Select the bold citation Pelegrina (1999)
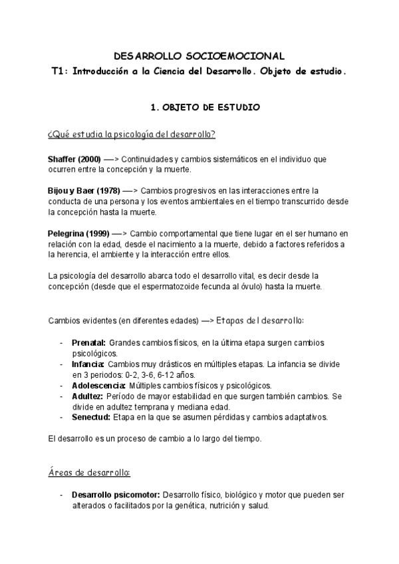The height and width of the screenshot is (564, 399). pyautogui.click(x=76, y=233)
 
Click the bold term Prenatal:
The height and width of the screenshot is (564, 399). pyautogui.click(x=88, y=343)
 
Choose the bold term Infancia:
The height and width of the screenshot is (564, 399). pyautogui.click(x=88, y=364)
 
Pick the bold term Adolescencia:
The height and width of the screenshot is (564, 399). pyautogui.click(x=98, y=386)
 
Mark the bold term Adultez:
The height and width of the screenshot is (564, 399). pyautogui.click(x=85, y=396)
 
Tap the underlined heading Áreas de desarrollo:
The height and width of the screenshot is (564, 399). pyautogui.click(x=90, y=473)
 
